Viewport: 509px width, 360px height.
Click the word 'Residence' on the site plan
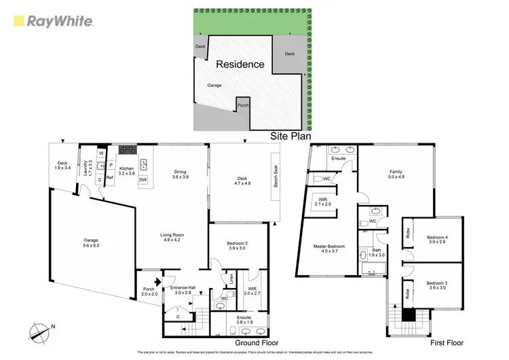point(240,65)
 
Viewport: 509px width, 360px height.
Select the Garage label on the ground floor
point(91,243)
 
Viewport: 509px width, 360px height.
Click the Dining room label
point(181,175)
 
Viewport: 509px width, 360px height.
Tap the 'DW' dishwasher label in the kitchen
point(143,179)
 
